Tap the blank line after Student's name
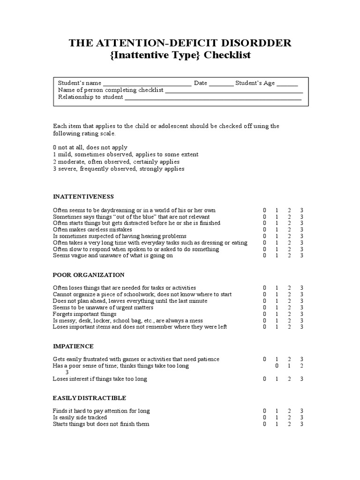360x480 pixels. pos(147,84)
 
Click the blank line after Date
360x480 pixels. pos(221,84)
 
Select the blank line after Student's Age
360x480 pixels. pos(287,84)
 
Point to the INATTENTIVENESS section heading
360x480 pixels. pos(83,196)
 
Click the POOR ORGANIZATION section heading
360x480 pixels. pos(89,275)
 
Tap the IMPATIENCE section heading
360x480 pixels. pos(73,346)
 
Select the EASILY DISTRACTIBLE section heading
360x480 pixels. pos(90,398)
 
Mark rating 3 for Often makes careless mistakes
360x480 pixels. pos(302,230)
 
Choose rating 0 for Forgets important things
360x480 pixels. pos(264,314)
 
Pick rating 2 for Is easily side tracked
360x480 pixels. pos(290,418)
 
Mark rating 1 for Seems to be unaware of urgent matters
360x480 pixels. pos(277,307)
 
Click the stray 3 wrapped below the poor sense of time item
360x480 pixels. pos(67,372)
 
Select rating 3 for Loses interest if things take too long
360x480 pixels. pos(302,379)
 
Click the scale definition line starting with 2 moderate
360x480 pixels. pos(116,162)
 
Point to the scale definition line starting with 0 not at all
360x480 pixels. pos(90,148)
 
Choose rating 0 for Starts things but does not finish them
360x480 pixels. pos(264,424)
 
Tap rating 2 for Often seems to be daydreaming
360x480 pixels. pos(290,210)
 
